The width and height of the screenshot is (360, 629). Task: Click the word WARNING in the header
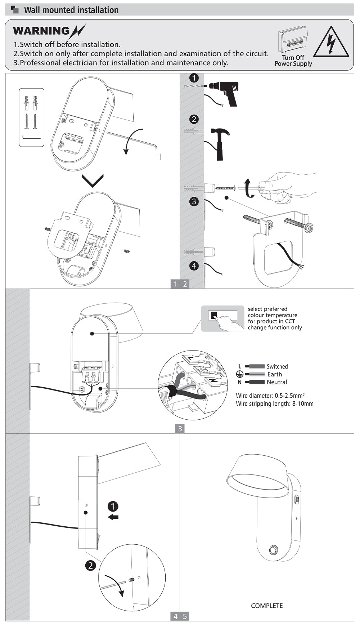click(x=41, y=31)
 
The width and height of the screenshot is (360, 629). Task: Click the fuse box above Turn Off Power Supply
click(x=292, y=39)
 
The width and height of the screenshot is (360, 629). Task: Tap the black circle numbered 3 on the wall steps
click(x=194, y=201)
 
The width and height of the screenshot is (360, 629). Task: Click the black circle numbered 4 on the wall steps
click(x=194, y=266)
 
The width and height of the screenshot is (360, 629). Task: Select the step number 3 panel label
click(x=180, y=429)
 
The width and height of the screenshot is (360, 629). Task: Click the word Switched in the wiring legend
click(x=277, y=366)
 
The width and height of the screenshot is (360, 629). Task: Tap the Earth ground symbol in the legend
click(x=240, y=374)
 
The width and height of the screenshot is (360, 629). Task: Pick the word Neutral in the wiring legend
click(x=277, y=382)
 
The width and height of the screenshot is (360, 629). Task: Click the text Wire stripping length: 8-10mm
click(x=275, y=404)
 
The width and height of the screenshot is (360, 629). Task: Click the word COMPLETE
click(x=267, y=606)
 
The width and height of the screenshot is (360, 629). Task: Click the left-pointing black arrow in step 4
click(x=113, y=517)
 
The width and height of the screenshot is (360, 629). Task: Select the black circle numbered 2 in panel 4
click(x=90, y=566)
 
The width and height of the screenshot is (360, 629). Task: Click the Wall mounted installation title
click(x=71, y=10)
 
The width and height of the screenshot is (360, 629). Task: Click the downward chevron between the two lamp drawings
click(x=93, y=180)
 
